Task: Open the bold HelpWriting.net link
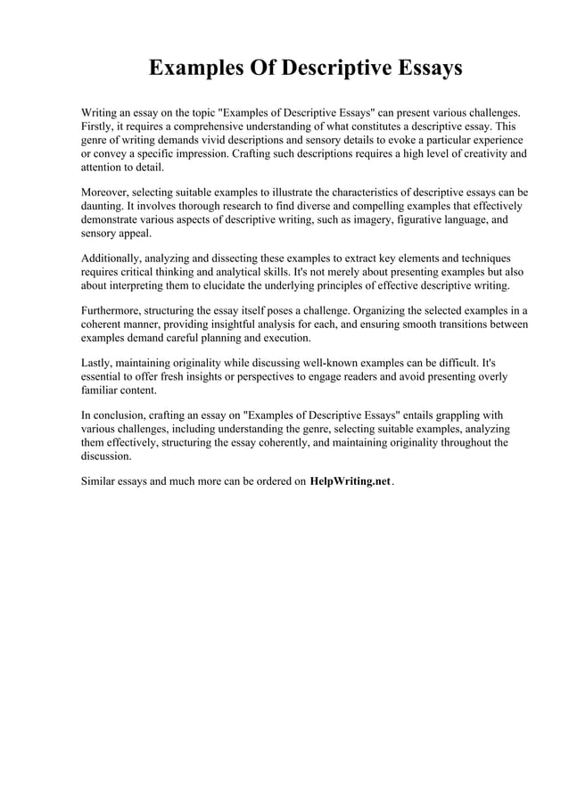(350, 481)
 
